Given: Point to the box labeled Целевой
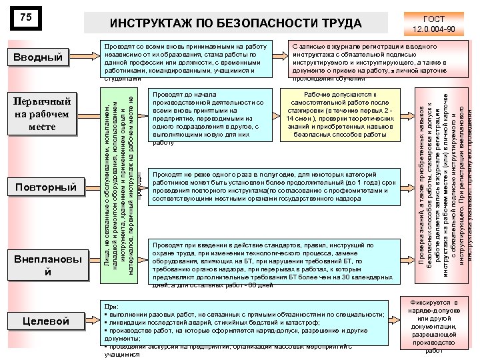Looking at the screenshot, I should tap(45, 321).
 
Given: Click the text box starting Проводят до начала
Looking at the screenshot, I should tap(207, 119).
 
